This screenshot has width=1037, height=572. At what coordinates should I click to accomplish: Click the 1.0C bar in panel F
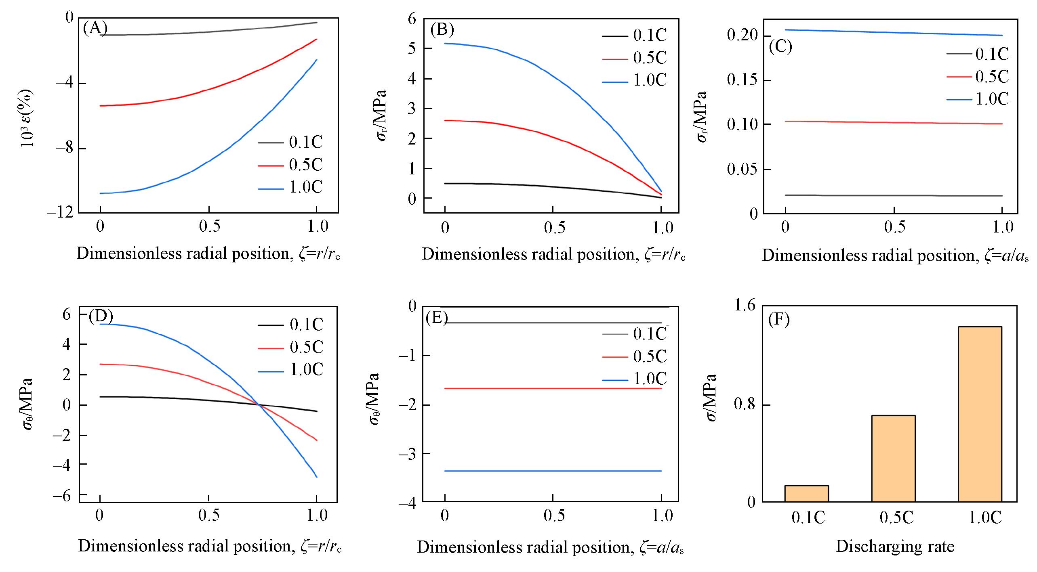[x=980, y=414]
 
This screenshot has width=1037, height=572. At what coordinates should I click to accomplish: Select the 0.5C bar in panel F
[x=893, y=458]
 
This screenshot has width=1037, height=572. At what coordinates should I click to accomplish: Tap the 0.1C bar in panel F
[x=806, y=493]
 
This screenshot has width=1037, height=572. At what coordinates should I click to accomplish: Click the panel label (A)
[x=95, y=28]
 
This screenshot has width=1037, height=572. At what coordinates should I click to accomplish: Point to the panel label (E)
[x=437, y=318]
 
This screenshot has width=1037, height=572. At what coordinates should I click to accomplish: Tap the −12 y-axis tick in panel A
[x=61, y=212]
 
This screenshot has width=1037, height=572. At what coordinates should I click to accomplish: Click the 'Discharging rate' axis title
[x=895, y=546]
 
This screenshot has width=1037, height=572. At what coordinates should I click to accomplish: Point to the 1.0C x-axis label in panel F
[x=985, y=518]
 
